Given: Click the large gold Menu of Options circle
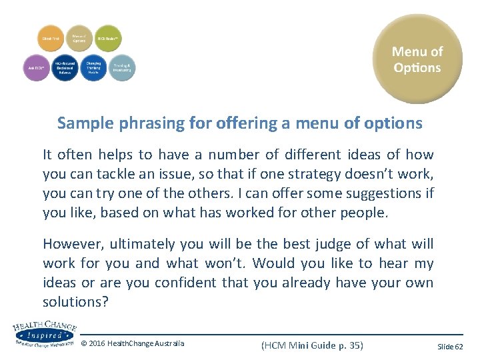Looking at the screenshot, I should (x=417, y=59).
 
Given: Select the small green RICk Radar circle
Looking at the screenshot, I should (x=108, y=39).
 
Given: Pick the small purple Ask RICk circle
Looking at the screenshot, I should (x=37, y=68).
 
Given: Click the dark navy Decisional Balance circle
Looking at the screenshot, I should (x=65, y=68).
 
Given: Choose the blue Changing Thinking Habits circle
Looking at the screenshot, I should (x=93, y=68).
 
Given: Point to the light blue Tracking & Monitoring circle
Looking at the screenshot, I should (x=121, y=68).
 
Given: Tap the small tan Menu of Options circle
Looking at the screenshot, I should (x=80, y=39).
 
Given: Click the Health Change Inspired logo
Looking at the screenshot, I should (x=44, y=333).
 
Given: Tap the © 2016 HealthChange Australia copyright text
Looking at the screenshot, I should (x=133, y=344).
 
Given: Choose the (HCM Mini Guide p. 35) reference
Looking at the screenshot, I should (x=312, y=345).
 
